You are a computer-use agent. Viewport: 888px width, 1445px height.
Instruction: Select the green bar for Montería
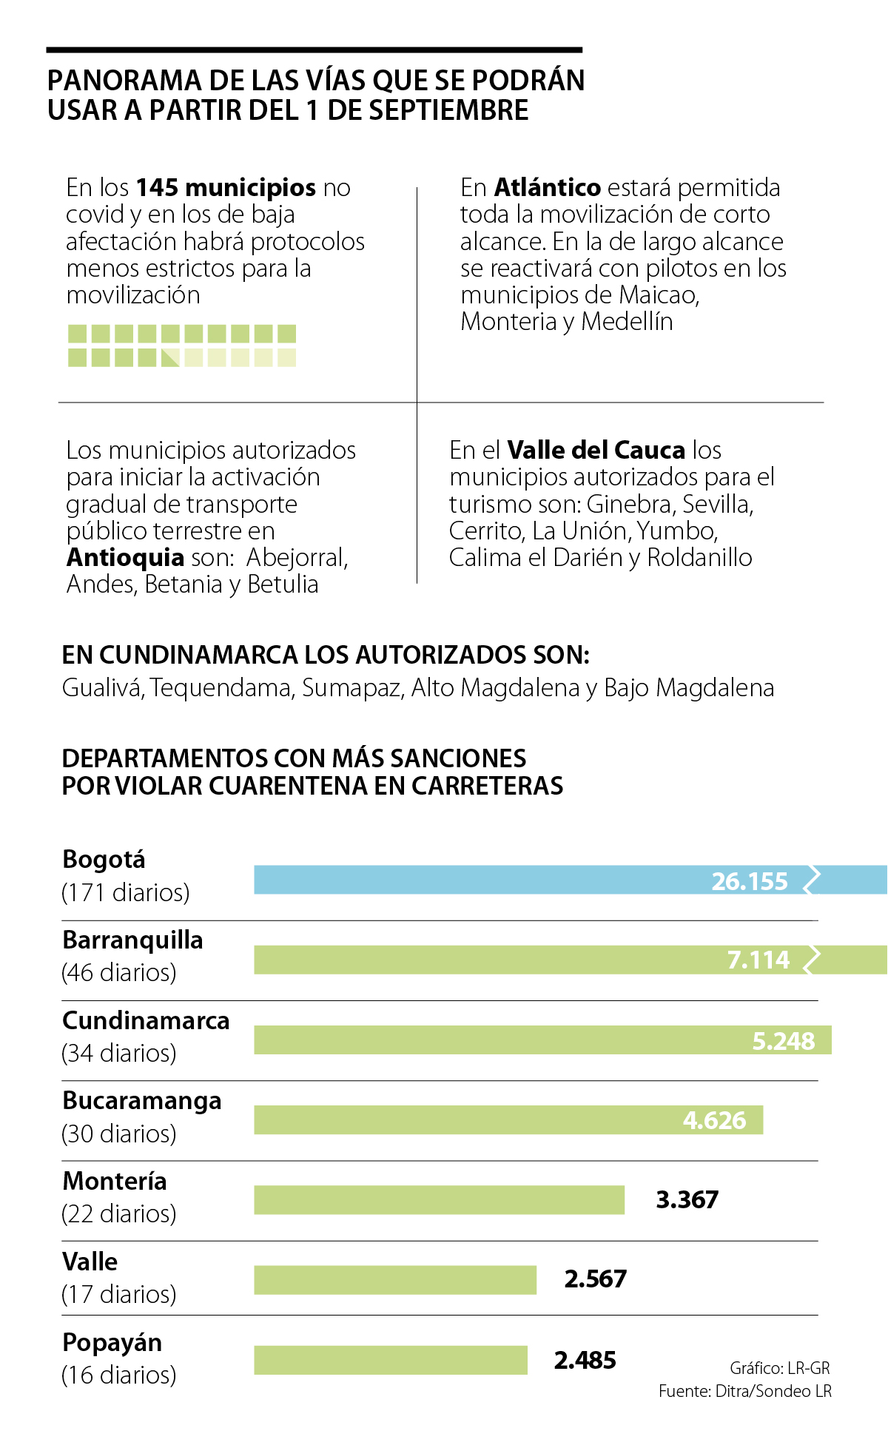point(439,1199)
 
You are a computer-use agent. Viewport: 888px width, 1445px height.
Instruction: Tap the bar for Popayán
point(390,1360)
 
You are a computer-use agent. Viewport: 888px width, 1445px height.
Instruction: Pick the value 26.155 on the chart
point(749,881)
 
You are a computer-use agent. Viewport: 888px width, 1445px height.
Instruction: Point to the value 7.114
point(758,960)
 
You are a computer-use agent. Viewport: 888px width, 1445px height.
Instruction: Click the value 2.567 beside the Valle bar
point(595,1279)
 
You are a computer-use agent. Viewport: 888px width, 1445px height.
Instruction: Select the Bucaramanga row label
point(141,1100)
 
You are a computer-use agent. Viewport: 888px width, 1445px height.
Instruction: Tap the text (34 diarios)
point(118,1053)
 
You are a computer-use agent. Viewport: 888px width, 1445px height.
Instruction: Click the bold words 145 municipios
point(226,188)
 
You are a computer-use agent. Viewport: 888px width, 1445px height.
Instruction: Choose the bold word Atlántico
point(547,188)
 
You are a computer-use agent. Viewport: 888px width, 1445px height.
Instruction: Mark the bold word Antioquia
point(125,557)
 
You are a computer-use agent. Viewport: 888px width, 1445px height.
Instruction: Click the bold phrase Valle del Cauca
point(596,450)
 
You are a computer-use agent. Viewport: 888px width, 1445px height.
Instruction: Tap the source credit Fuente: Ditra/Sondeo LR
point(744,1391)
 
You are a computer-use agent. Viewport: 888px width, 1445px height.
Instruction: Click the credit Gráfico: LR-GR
point(779,1367)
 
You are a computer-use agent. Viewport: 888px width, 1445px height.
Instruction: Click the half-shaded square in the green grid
point(170,357)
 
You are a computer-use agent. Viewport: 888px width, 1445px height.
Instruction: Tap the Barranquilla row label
point(132,940)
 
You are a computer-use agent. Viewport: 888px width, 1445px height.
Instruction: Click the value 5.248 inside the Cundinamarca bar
point(783,1041)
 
